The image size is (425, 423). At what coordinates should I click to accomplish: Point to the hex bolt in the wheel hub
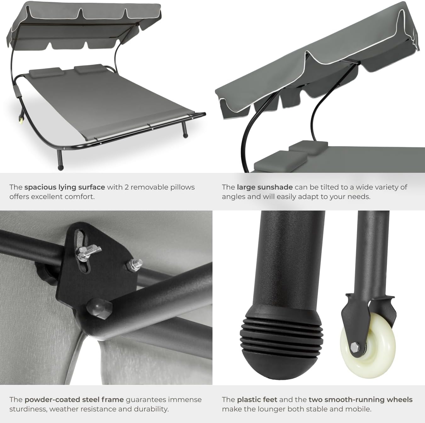(x=355, y=347)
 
